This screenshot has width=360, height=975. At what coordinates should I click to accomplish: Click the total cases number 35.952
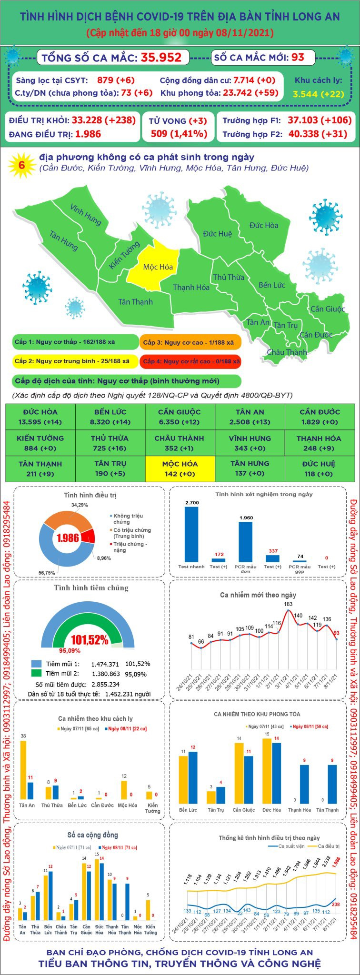click(161, 58)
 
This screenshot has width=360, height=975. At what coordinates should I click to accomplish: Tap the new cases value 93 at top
click(298, 58)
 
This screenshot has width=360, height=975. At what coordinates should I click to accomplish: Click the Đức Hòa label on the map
click(264, 225)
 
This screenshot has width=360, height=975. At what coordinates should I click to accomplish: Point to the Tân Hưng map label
click(64, 240)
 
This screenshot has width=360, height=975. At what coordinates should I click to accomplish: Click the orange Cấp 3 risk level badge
click(190, 342)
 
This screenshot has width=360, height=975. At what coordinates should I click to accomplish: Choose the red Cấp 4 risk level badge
click(190, 361)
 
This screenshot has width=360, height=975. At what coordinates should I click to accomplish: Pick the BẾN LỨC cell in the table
click(110, 417)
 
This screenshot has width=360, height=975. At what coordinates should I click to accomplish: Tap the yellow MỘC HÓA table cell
click(180, 468)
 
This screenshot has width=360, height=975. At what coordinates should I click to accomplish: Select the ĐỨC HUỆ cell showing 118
click(319, 468)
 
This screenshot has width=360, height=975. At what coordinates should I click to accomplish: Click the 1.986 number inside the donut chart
click(68, 537)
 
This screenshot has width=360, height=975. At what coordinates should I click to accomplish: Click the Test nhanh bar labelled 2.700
click(191, 534)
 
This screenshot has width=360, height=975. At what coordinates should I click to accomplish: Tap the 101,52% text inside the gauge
click(90, 640)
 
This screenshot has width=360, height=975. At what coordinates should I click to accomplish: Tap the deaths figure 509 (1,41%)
click(179, 134)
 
